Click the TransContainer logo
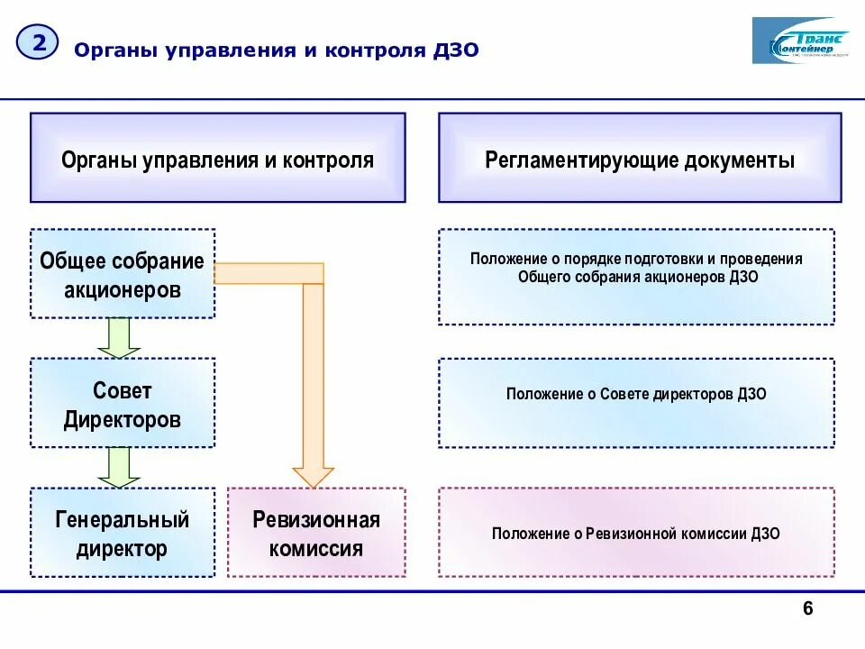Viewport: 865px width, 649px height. pyautogui.click(x=800, y=41)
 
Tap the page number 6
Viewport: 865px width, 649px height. pyautogui.click(x=807, y=610)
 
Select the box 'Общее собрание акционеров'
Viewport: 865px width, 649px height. pyautogui.click(x=123, y=273)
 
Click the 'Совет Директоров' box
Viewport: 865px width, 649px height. pyautogui.click(x=123, y=403)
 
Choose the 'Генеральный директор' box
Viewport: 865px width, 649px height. pyautogui.click(x=123, y=533)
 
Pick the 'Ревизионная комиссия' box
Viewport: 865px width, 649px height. pyautogui.click(x=316, y=533)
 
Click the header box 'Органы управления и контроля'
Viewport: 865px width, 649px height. pyautogui.click(x=217, y=158)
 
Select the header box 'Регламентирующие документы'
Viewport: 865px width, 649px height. pyautogui.click(x=640, y=158)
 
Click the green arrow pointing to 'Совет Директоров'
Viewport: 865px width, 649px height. pyautogui.click(x=119, y=337)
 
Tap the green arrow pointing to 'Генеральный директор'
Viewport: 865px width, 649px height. pyautogui.click(x=119, y=467)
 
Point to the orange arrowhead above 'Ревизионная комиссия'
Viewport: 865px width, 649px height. pyautogui.click(x=313, y=477)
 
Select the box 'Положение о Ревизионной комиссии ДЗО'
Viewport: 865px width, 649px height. pyautogui.click(x=636, y=533)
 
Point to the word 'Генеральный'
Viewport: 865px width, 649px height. pyautogui.click(x=123, y=520)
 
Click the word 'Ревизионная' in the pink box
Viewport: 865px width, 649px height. pyautogui.click(x=316, y=520)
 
